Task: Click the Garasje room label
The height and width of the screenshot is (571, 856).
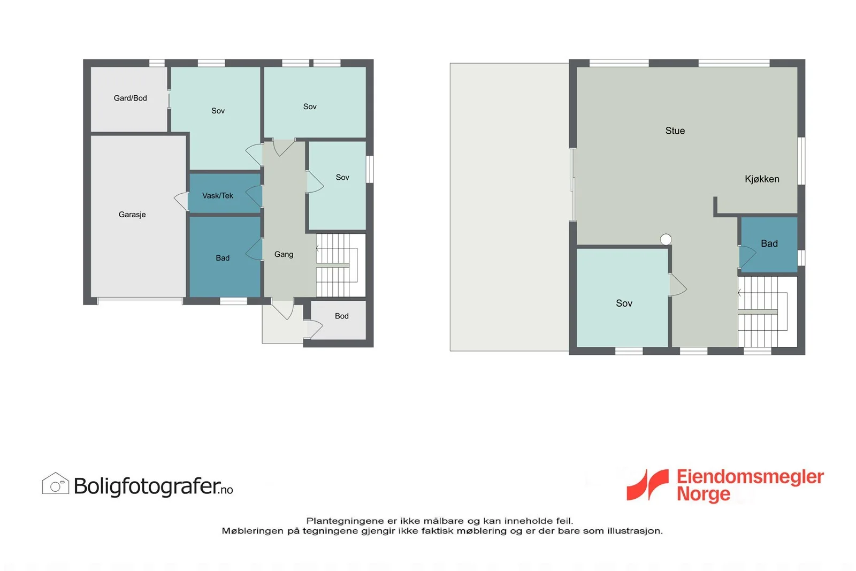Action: [132, 215]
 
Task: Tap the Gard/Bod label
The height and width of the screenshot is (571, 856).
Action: [131, 98]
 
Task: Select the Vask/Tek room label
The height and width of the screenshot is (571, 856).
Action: [217, 196]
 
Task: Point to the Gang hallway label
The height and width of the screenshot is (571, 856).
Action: [284, 255]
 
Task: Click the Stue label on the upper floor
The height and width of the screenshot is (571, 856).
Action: [675, 131]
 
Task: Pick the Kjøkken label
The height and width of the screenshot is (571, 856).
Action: [762, 179]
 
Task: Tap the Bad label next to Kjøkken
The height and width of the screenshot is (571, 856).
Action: [769, 243]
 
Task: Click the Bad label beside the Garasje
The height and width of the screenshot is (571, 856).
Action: [223, 258]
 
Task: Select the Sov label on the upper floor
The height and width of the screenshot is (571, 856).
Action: [624, 303]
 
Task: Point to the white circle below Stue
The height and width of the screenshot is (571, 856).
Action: [666, 239]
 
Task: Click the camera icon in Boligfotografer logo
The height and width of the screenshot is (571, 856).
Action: [56, 483]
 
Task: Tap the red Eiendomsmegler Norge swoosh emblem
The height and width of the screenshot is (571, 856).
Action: [647, 485]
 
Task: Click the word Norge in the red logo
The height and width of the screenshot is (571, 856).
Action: [704, 494]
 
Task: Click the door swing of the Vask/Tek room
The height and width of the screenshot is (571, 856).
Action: [254, 196]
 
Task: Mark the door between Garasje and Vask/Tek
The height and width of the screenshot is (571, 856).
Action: [181, 201]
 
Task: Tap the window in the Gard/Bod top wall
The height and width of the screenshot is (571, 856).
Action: [157, 63]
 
